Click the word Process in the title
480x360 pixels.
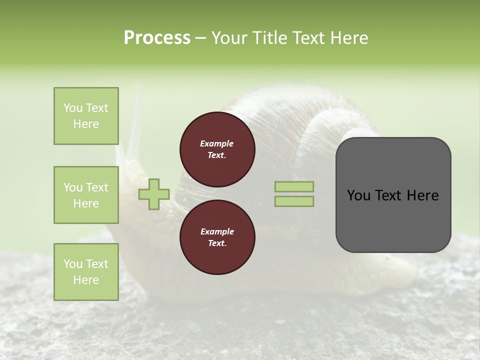pos(157,38)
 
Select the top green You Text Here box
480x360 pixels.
pos(86,116)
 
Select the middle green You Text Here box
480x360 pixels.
pos(86,195)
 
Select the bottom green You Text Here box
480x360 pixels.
pos(86,272)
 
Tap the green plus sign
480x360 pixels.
pos(154,194)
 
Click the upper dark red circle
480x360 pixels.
pos(217,149)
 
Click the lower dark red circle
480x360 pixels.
pos(217,237)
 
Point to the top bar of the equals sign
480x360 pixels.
pos(294,186)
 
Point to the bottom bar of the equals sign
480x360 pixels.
pos(294,201)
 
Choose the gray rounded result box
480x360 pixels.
pos(393,195)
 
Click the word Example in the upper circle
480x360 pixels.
pos(217,143)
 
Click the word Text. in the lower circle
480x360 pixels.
pos(217,243)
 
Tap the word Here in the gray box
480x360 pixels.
pos(422,195)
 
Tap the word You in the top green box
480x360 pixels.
pos(72,108)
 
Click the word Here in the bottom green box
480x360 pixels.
pos(86,280)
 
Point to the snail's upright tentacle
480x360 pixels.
pos(134,125)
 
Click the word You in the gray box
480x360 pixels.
pos(358,195)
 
